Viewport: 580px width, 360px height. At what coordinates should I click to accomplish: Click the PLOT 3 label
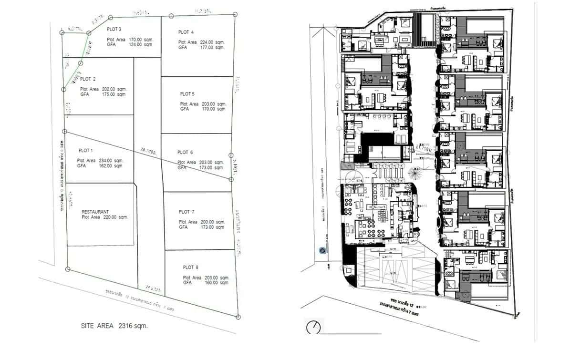tap(114, 30)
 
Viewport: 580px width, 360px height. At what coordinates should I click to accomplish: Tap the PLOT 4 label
tap(186, 32)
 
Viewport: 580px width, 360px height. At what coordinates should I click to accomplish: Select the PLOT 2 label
tap(88, 79)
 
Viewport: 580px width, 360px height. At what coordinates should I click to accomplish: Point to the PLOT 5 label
tap(187, 94)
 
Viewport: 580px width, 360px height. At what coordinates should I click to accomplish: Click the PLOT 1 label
tap(85, 151)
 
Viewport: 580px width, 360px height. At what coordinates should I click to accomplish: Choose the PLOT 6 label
tap(185, 153)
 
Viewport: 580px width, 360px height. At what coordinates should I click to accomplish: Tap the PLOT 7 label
tap(186, 212)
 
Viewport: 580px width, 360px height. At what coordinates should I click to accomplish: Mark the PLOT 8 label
tap(190, 267)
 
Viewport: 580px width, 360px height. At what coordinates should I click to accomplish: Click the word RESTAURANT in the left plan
tap(95, 212)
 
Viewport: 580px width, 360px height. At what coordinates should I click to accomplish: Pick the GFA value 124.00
tap(136, 44)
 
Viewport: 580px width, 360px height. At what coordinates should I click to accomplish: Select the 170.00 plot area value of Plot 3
tap(136, 40)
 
